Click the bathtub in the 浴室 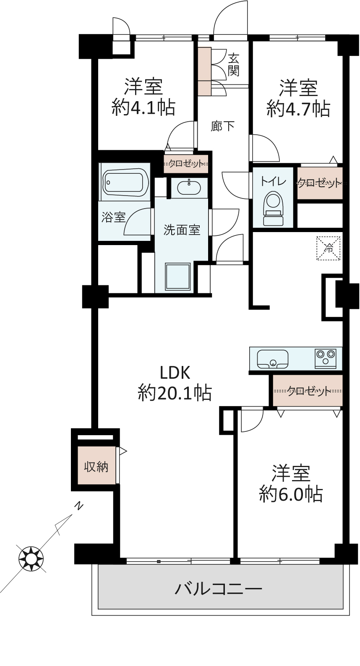126,182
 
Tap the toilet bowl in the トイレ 273,209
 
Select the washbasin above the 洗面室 189,188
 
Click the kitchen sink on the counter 272,359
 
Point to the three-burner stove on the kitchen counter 326,358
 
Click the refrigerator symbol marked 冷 328,248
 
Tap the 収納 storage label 96,467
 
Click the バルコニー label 218,588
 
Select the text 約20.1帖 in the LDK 175,393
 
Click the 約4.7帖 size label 298,109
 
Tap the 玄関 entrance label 233,65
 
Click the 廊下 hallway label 222,126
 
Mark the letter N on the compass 79,506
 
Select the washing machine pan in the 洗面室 178,277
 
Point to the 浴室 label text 113,217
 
